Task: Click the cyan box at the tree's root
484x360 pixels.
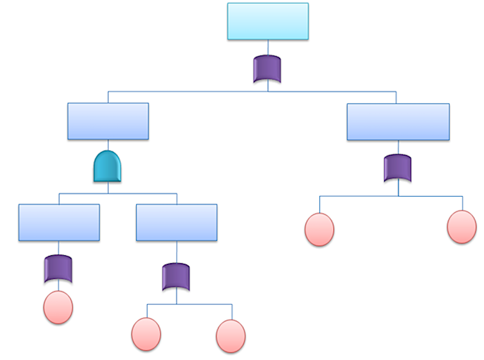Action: [268, 21]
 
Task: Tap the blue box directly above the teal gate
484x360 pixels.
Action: [108, 121]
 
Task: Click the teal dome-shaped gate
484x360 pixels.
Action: [108, 166]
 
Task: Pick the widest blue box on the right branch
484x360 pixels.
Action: [398, 122]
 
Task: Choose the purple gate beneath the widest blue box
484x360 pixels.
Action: [397, 169]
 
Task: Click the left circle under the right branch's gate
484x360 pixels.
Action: [319, 230]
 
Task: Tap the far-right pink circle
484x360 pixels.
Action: [462, 227]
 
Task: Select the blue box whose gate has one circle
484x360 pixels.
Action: [59, 222]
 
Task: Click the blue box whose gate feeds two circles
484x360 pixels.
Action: [176, 222]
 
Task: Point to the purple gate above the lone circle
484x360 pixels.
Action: [58, 269]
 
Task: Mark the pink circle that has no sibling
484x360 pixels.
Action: [58, 307]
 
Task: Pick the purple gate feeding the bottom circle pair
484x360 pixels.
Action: [176, 277]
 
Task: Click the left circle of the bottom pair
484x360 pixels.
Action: [146, 334]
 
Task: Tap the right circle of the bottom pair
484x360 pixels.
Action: [231, 336]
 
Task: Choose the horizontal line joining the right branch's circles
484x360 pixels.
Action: [363, 196]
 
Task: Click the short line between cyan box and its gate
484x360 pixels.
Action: [267, 47]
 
